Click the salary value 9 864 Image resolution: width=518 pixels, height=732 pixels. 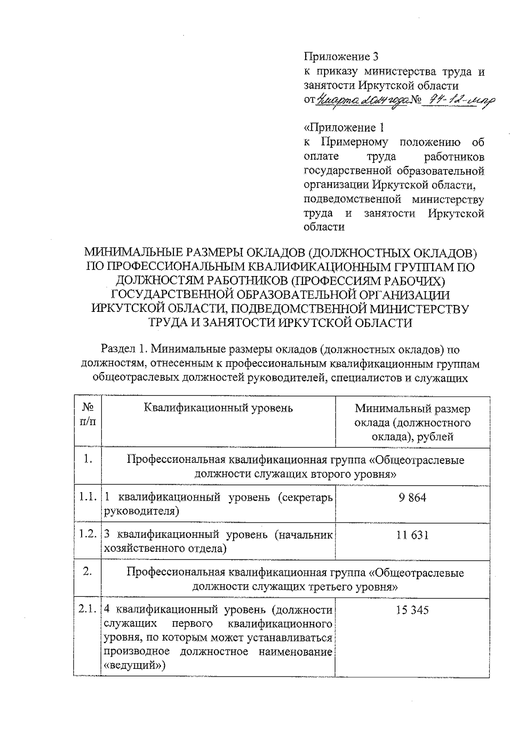[x=412, y=498]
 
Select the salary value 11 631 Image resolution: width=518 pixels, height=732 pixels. [x=412, y=535]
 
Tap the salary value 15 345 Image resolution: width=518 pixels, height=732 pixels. [x=412, y=610]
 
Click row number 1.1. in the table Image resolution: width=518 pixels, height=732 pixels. [x=87, y=497]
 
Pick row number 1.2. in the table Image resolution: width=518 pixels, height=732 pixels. [x=87, y=535]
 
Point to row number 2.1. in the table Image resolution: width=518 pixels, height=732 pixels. [x=87, y=610]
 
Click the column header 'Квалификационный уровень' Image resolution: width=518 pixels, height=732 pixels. [x=218, y=408]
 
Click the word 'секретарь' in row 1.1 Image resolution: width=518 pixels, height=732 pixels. [x=305, y=497]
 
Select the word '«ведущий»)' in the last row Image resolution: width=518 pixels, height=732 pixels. [x=134, y=665]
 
